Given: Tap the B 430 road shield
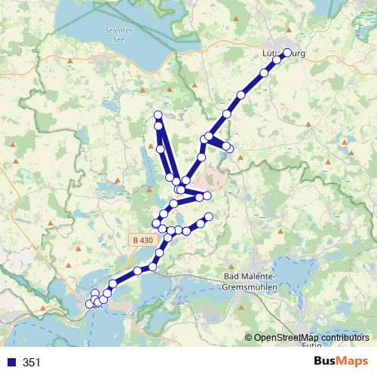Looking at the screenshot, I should point(142,240).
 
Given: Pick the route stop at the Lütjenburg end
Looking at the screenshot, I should point(287,53).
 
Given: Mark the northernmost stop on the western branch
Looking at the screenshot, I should point(158,115).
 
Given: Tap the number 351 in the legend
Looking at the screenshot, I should point(32,363).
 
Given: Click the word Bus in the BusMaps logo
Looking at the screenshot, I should point(326,361).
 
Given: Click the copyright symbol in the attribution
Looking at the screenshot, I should point(249,338).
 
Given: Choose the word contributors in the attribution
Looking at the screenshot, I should point(344,338).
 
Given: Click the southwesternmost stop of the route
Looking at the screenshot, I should point(90,304).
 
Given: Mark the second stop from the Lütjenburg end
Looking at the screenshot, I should point(277,60).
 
